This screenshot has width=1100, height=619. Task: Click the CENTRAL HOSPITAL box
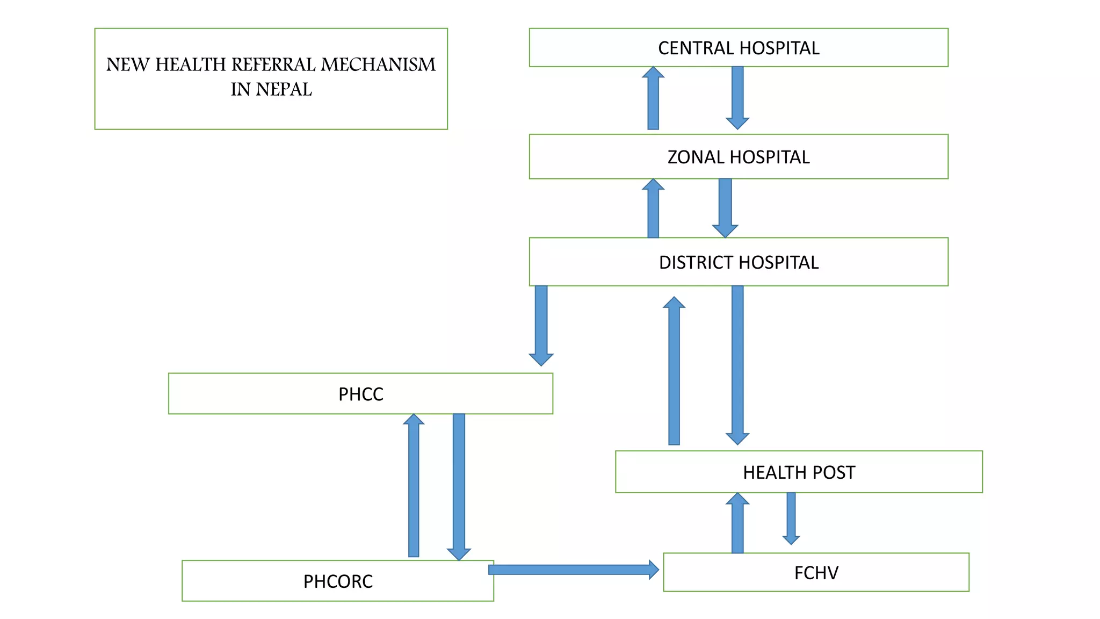739,48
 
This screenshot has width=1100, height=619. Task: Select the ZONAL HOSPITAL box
739,157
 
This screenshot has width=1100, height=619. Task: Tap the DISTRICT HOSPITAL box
739,262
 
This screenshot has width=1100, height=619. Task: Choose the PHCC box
360,394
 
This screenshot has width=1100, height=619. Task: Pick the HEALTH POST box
799,472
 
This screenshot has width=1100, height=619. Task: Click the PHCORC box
337,581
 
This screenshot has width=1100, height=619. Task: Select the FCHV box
816,572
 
